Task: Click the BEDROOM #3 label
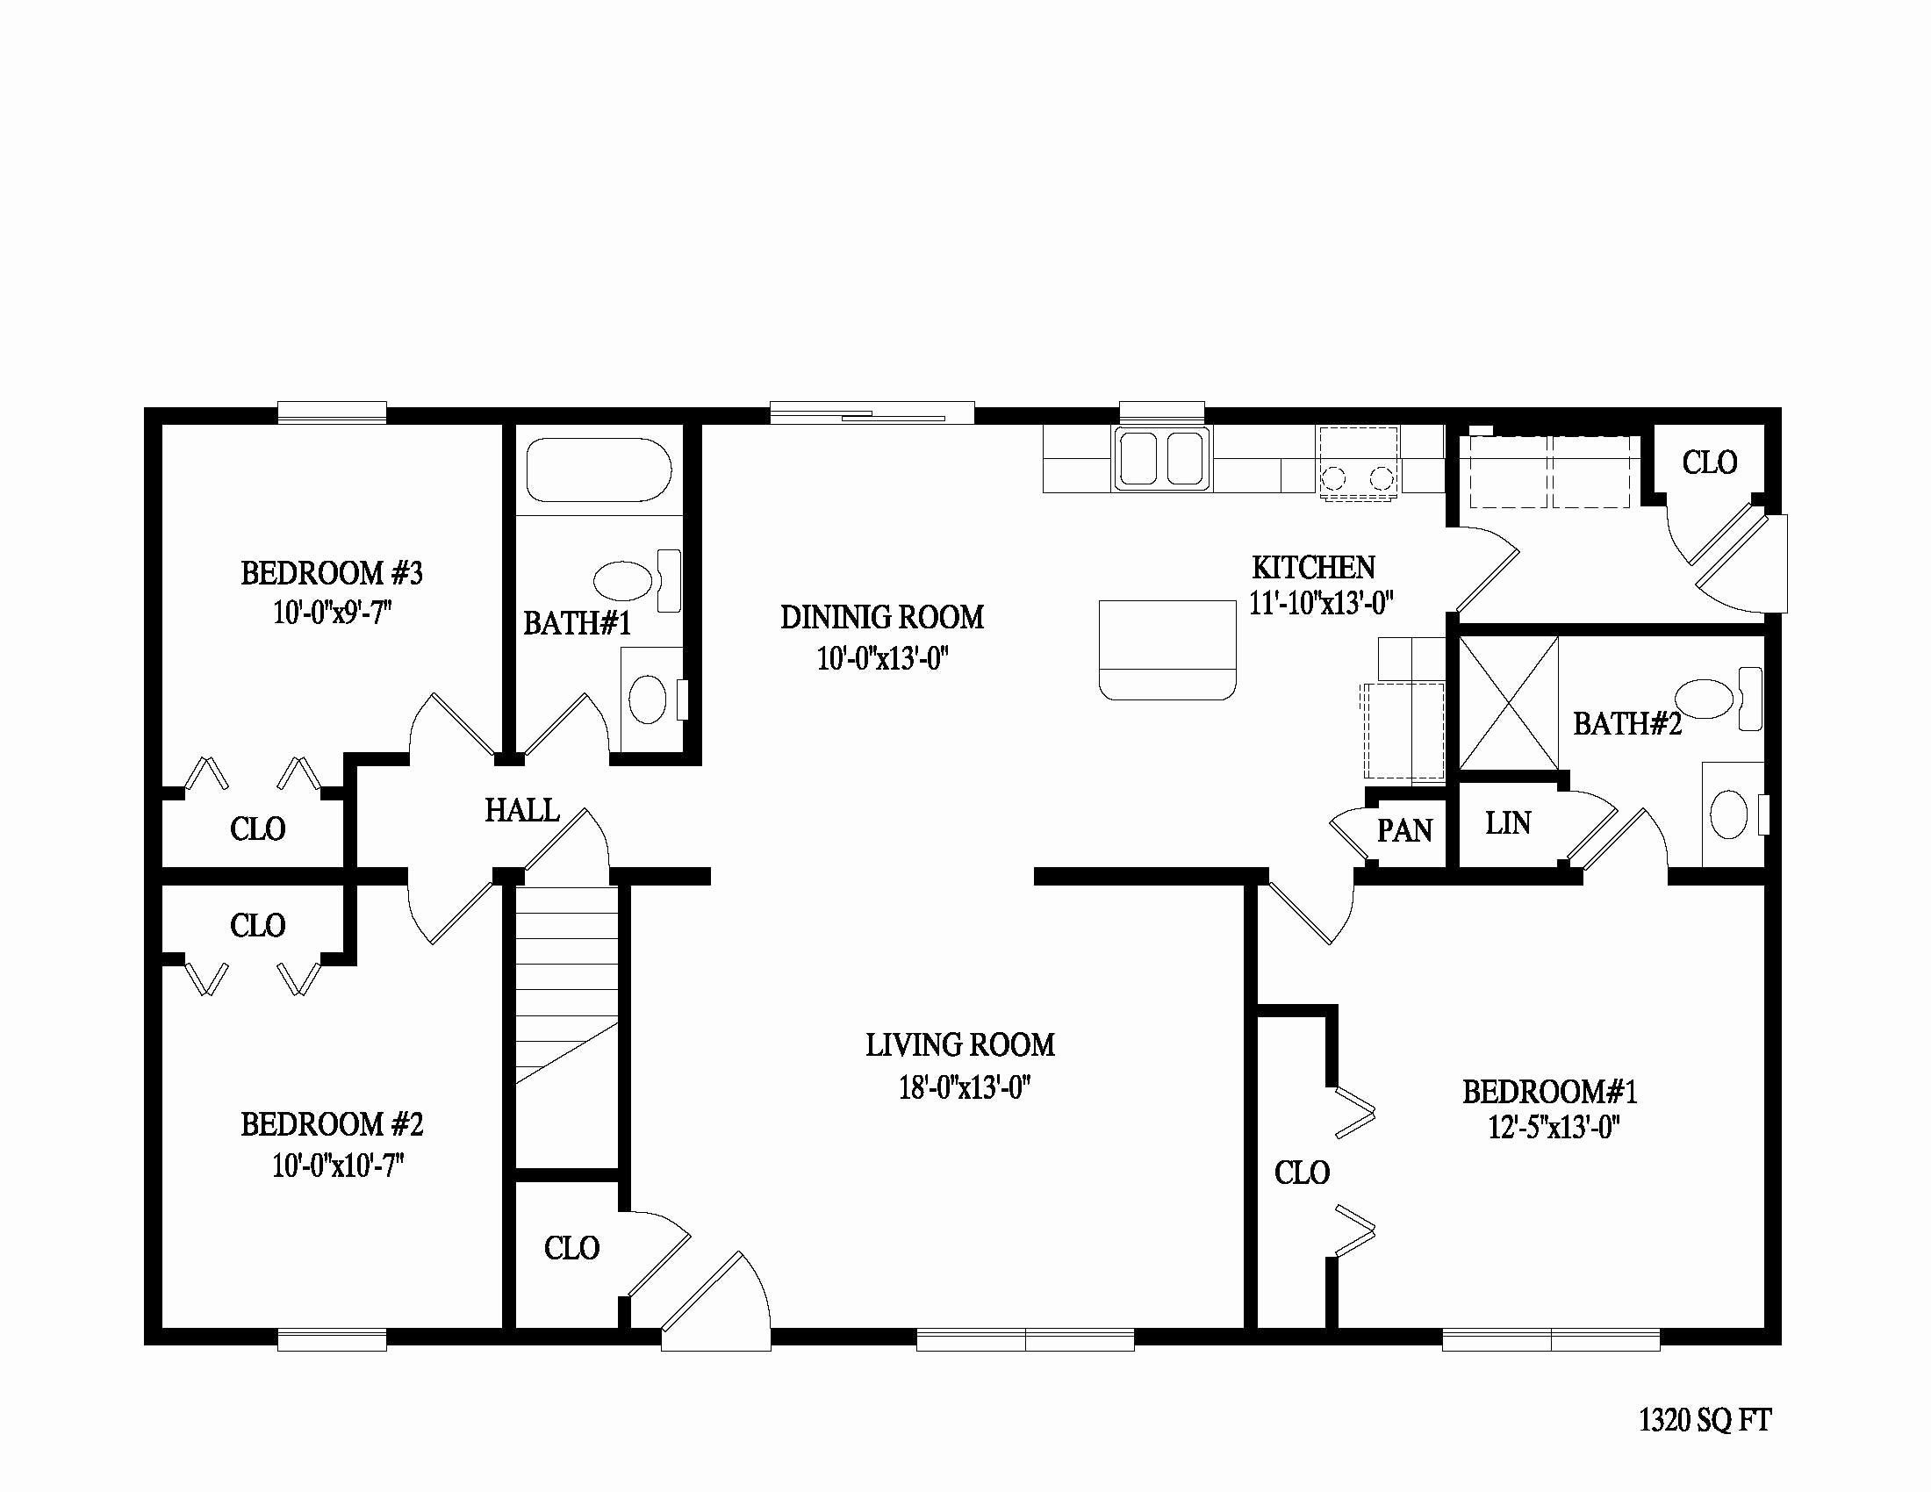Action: click(x=332, y=574)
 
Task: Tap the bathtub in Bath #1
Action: click(x=599, y=470)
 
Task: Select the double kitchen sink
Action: click(x=1162, y=458)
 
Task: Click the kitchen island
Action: click(x=1167, y=649)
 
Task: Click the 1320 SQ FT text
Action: click(x=1705, y=1420)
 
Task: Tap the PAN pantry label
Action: click(x=1404, y=831)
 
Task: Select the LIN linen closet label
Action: click(x=1507, y=824)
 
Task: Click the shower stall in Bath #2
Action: click(x=1507, y=703)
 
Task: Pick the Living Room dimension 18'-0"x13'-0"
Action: click(x=965, y=1088)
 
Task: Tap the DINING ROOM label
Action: click(x=881, y=617)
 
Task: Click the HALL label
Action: click(x=521, y=811)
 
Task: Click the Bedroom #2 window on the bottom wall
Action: click(x=332, y=1340)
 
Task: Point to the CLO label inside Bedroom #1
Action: click(x=1302, y=1173)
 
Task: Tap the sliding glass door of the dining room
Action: click(x=872, y=413)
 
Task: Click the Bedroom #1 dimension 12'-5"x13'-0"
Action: click(x=1554, y=1129)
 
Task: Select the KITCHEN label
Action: click(x=1313, y=567)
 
